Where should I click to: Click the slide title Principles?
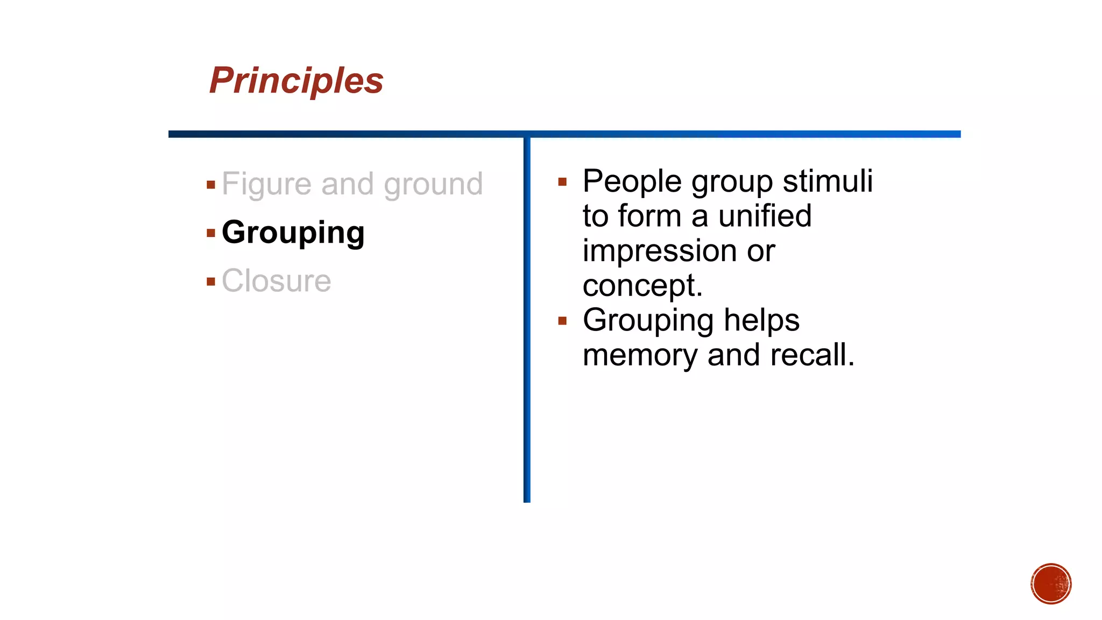pos(296,81)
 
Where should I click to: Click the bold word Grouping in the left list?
pos(293,232)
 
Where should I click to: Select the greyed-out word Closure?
pos(276,281)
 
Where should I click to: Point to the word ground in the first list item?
pos(433,184)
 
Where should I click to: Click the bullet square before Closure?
pos(211,281)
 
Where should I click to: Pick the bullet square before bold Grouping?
pos(211,233)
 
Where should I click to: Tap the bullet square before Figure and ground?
pos(211,185)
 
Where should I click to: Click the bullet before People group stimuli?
pos(562,182)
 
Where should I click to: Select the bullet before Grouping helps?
pos(562,321)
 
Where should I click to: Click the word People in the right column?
pos(632,181)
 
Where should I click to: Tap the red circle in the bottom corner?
pos(1051,584)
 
